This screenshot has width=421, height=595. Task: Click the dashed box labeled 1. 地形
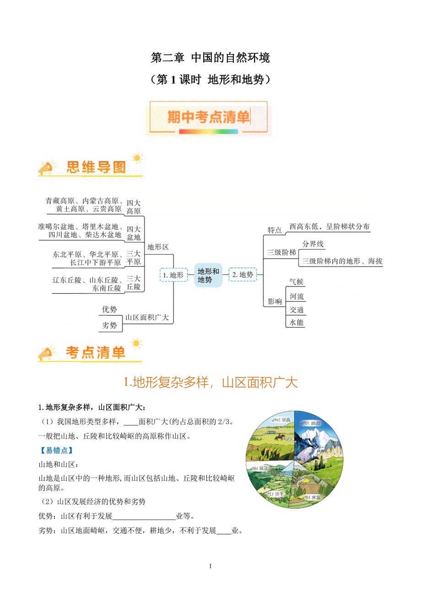(x=173, y=275)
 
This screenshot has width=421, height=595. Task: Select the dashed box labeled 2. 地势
(x=243, y=275)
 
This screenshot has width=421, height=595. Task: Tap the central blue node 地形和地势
(x=208, y=275)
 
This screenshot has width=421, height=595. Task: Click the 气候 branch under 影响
(x=297, y=282)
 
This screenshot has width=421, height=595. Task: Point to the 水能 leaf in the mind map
(x=297, y=323)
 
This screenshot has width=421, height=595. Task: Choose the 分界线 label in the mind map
(x=313, y=244)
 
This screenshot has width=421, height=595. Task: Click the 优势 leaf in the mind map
(x=109, y=310)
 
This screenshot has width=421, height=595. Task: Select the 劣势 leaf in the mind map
(x=109, y=325)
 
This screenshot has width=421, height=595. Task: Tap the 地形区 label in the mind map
(x=158, y=247)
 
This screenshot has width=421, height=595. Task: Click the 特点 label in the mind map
(x=275, y=230)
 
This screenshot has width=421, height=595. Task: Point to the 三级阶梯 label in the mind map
(x=281, y=252)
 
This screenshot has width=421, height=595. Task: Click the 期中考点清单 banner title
(x=209, y=117)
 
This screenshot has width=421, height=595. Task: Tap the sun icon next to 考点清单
(x=136, y=343)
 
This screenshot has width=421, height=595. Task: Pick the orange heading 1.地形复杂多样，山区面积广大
(x=210, y=382)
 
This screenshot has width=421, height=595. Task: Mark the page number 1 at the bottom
(x=210, y=566)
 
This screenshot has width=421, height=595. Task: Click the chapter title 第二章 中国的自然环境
(x=210, y=58)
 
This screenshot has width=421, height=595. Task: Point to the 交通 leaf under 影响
(x=297, y=310)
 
